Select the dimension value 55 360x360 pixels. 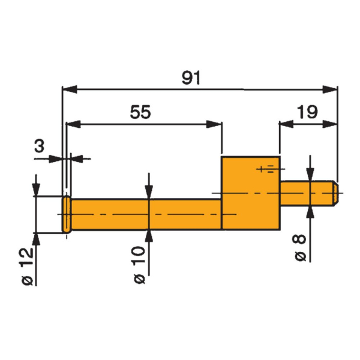141,112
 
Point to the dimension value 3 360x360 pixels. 40,146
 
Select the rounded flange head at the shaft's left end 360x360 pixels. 66,214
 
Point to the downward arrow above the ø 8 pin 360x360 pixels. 310,174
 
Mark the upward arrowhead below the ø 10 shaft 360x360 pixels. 148,236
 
